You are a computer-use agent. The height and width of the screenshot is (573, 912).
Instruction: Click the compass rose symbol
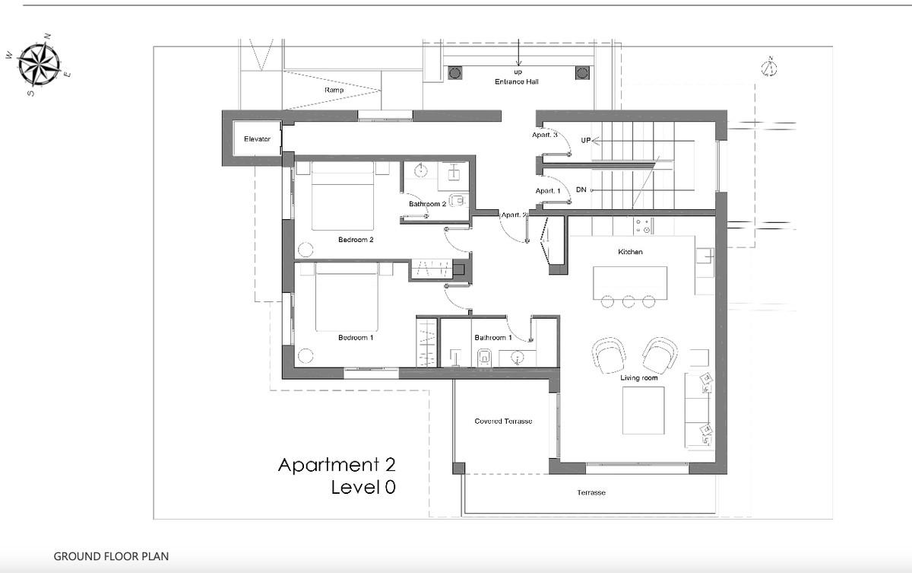tap(40, 65)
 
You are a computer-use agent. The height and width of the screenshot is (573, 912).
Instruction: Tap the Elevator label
tap(257, 139)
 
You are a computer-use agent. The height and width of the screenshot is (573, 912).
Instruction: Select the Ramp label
tap(334, 90)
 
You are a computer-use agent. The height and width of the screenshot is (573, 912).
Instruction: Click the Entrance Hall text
tap(516, 81)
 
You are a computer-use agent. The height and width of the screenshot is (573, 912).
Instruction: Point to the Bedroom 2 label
tap(356, 240)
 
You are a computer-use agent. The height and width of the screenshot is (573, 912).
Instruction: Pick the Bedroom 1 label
tap(356, 337)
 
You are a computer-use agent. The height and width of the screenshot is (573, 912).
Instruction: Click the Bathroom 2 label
tap(427, 204)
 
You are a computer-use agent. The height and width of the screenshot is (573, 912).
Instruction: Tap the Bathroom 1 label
tap(493, 337)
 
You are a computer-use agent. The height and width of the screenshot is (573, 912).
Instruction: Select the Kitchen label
tap(630, 252)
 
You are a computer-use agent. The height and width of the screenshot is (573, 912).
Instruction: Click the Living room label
tap(639, 377)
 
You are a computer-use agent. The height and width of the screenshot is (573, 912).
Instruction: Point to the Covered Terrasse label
tap(503, 421)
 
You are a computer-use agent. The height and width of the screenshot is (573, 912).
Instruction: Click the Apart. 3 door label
tap(544, 135)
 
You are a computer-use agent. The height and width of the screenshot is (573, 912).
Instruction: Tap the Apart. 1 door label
tap(548, 191)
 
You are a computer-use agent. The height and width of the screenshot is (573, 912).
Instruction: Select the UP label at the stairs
tap(585, 140)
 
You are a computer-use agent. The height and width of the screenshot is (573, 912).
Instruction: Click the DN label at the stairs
tap(581, 189)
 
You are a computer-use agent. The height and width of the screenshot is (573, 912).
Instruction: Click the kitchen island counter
tap(630, 283)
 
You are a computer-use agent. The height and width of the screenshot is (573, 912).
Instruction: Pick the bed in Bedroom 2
tap(343, 196)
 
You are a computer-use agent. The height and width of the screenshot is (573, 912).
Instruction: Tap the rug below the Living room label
tap(643, 410)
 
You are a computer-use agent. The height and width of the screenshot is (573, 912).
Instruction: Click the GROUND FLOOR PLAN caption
tap(111, 556)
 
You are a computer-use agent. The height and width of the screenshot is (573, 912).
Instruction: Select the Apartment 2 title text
tap(337, 465)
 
